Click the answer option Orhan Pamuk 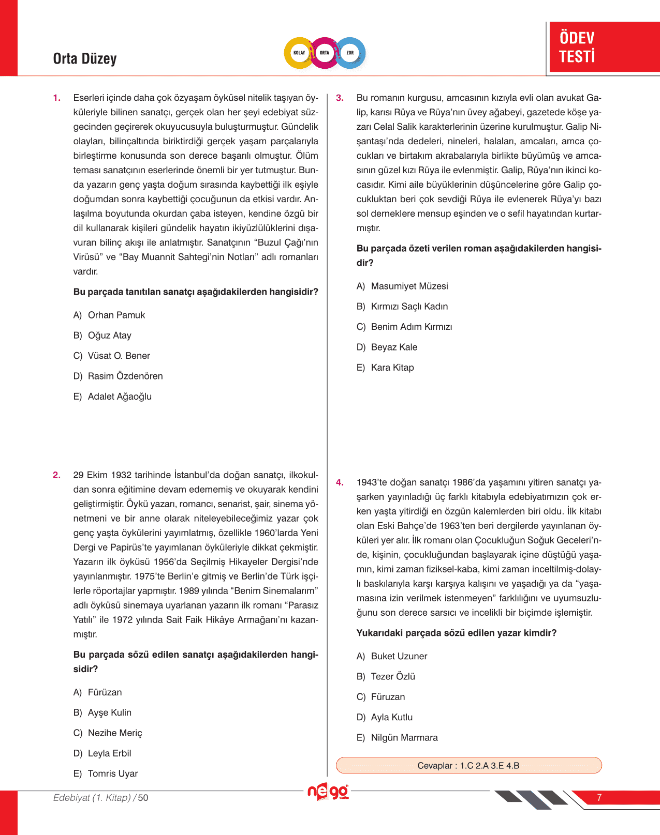pos(116,315)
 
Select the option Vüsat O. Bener pos(119,356)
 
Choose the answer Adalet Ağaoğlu pos(120,397)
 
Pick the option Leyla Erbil pos(109,753)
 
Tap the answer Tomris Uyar pos(112,773)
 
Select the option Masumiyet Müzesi pos(409,286)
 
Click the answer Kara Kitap pos(392,368)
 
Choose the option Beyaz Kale pos(393,347)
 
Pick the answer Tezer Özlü pos(392,676)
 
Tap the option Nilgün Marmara pos(404,737)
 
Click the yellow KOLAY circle pos(299,53)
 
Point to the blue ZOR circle pos(350,53)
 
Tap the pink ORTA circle pos(325,53)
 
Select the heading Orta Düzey pos(85,59)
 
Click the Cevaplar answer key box pos(468,765)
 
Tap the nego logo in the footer pos(328,792)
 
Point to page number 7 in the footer pos(599,797)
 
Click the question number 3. pos(340,98)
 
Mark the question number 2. pos(56,475)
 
